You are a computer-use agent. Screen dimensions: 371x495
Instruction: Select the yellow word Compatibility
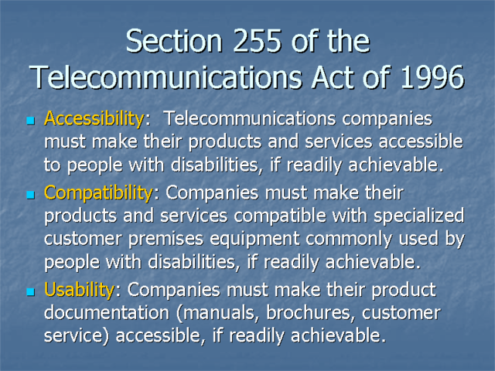coord(97,192)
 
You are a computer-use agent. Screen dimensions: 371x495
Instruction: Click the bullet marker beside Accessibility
coord(31,122)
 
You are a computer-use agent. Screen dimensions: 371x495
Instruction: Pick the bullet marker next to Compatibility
coord(31,194)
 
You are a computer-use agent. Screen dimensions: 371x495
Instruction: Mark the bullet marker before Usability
coord(31,292)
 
